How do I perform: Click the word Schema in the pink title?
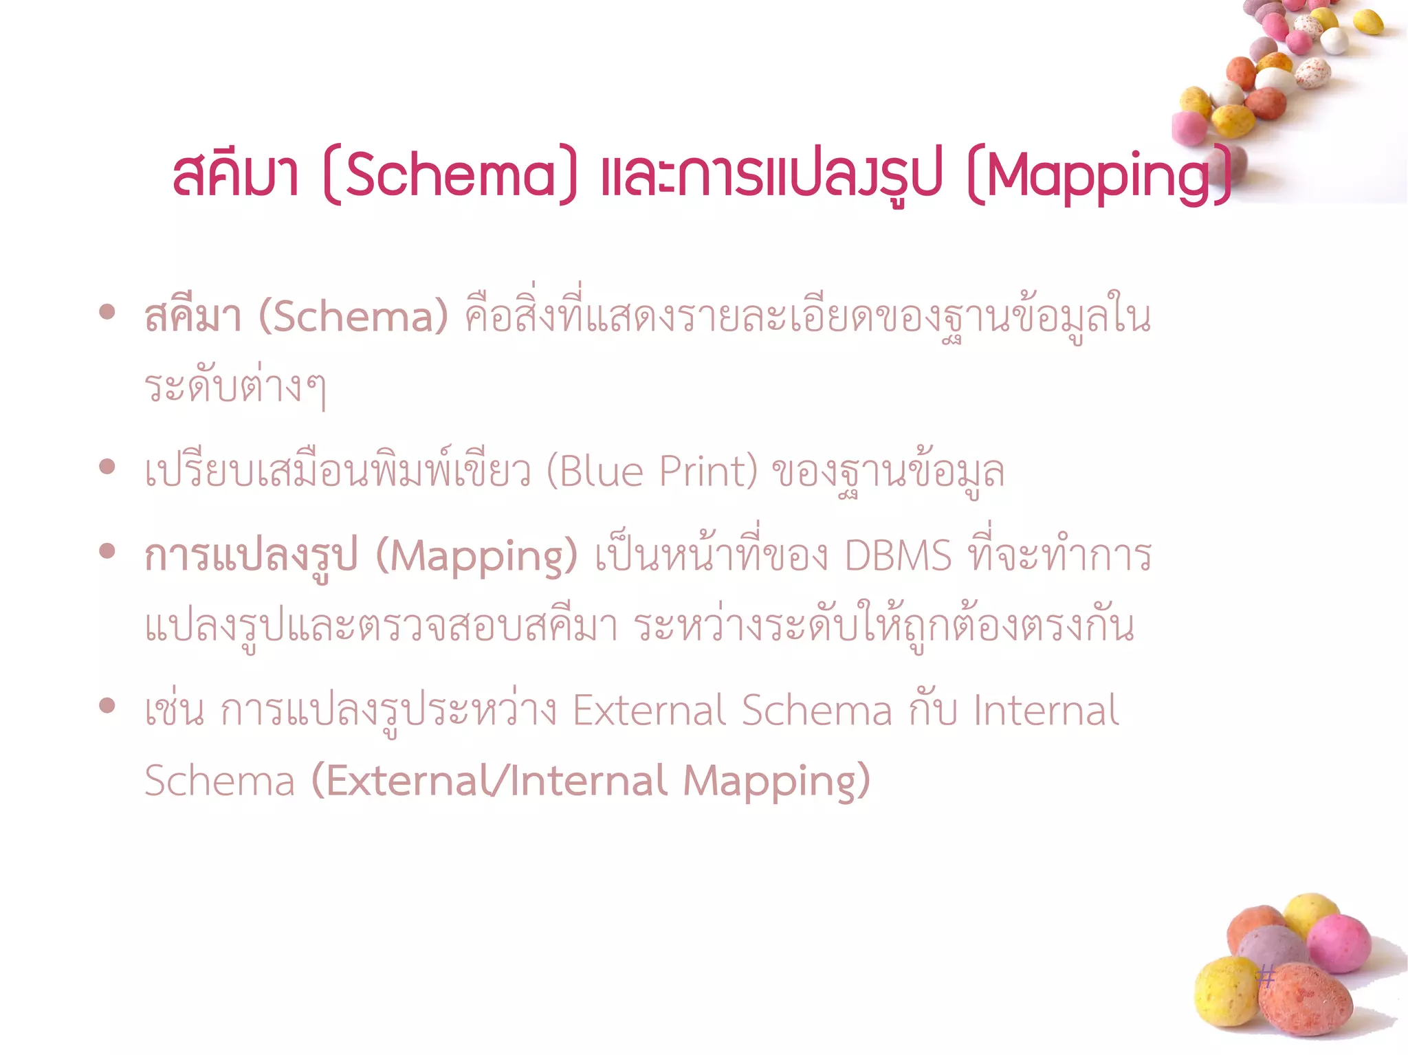450,175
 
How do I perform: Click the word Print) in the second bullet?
708,471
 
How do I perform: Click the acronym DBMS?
898,555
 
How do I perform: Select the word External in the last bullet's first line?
649,710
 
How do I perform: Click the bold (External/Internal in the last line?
489,781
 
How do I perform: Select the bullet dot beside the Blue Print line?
107,467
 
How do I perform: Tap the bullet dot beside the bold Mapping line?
107,551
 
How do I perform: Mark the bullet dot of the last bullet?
107,705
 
